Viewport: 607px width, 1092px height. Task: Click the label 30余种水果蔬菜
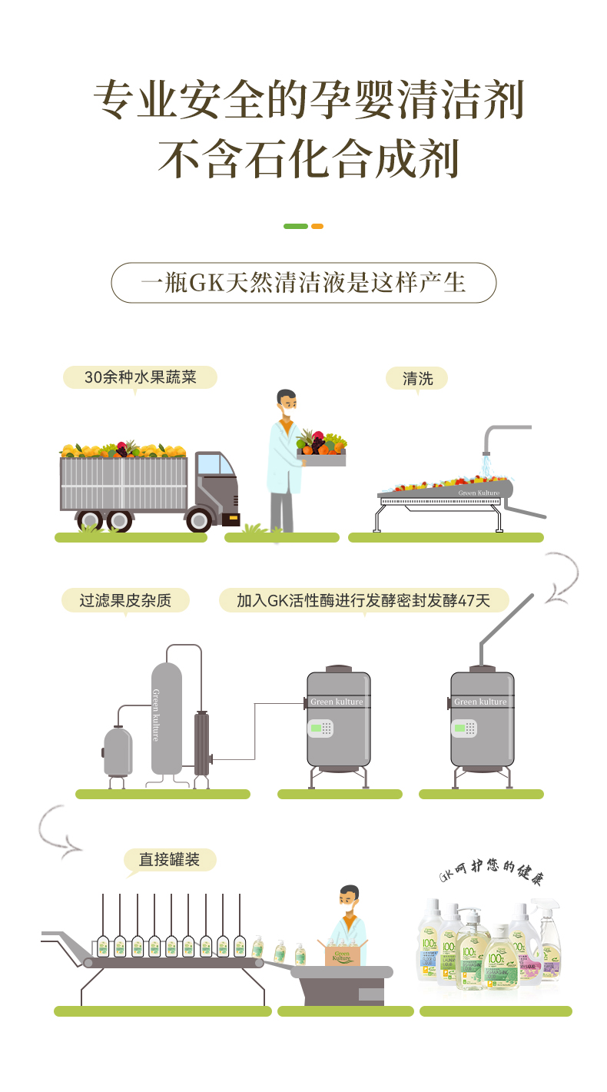click(x=140, y=377)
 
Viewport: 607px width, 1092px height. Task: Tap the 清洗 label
click(x=418, y=377)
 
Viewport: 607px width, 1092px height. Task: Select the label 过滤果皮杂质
click(x=125, y=600)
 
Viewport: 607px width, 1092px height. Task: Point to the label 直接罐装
click(x=169, y=859)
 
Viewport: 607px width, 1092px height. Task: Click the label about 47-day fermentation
click(x=363, y=600)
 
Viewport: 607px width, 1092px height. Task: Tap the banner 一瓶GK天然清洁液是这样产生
click(x=303, y=283)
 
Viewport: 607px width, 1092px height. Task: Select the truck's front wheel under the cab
click(x=199, y=519)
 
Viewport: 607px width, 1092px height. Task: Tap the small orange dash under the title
click(x=317, y=226)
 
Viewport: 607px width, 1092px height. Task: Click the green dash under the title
click(x=295, y=226)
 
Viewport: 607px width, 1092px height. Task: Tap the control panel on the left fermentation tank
click(x=320, y=728)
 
